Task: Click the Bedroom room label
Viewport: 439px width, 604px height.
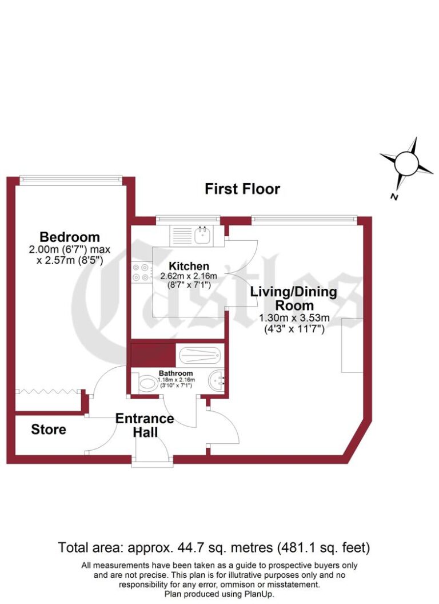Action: pos(69,237)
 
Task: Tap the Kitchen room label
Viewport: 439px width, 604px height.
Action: pos(189,266)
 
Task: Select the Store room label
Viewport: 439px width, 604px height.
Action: pos(49,429)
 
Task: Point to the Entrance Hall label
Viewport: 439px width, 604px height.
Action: pos(145,425)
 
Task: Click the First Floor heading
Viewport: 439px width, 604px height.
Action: pos(242,189)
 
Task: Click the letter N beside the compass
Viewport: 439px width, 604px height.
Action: pos(394,197)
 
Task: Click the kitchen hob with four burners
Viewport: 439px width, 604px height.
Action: pos(142,272)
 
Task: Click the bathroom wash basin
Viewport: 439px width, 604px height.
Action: pos(217,380)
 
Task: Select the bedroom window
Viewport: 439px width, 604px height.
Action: pos(70,180)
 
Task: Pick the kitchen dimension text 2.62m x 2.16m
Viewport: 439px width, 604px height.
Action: pos(189,276)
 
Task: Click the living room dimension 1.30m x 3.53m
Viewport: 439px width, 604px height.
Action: pos(294,318)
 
